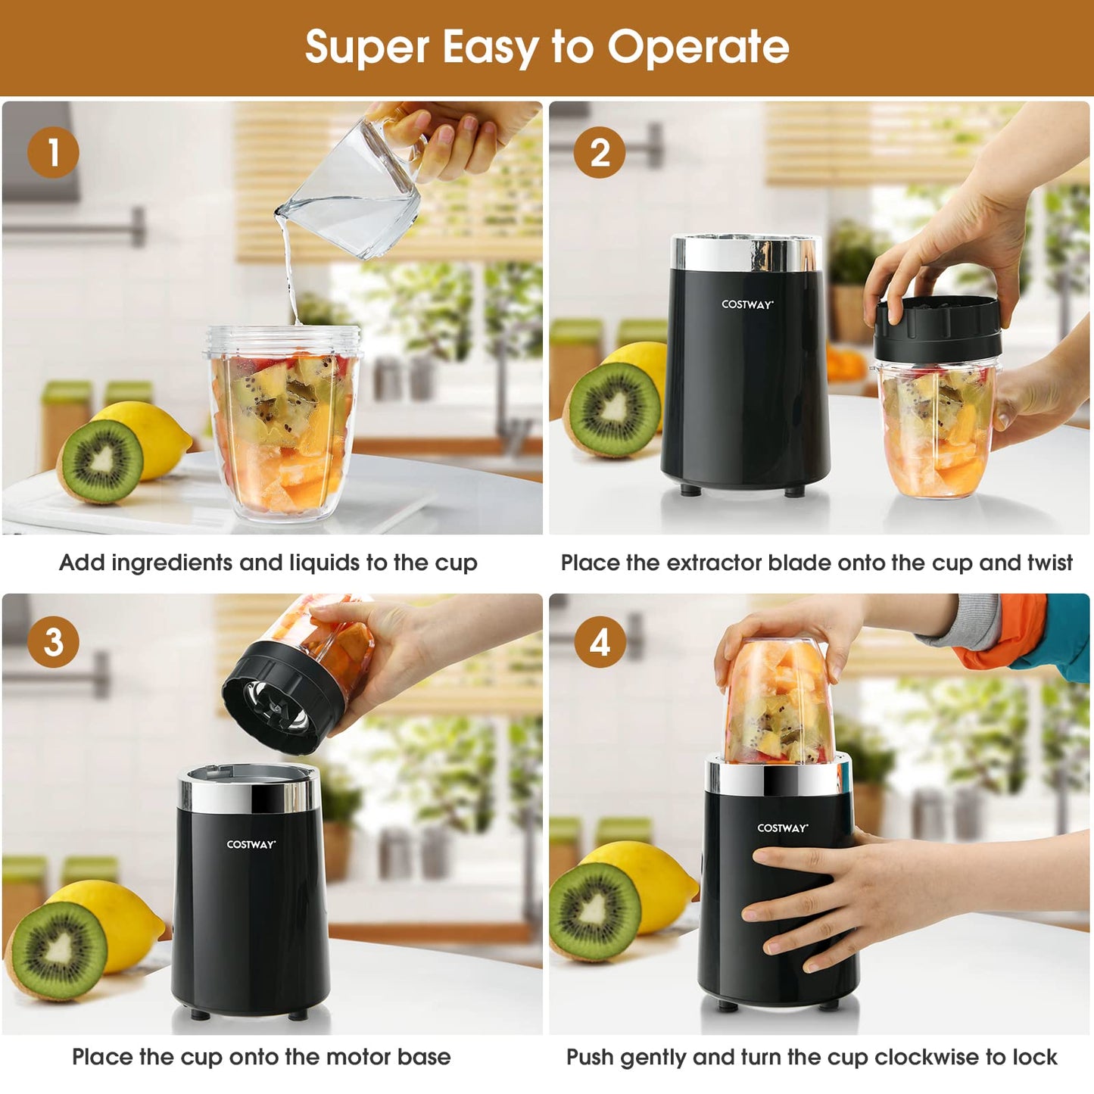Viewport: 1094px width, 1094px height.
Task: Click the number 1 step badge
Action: pyautogui.click(x=53, y=153)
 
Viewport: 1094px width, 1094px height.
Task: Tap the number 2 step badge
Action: pyautogui.click(x=600, y=153)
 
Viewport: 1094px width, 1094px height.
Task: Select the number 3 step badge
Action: pyautogui.click(x=53, y=642)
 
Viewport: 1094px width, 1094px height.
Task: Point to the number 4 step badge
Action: pyautogui.click(x=600, y=642)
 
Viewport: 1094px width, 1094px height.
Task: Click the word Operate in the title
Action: pyautogui.click(x=698, y=48)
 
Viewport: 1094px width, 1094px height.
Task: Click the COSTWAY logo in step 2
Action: pyautogui.click(x=746, y=304)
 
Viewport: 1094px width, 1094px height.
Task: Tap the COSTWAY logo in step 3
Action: pyautogui.click(x=251, y=844)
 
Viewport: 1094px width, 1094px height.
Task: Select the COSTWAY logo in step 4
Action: pyautogui.click(x=782, y=828)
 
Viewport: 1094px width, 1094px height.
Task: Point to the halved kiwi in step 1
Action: pyautogui.click(x=101, y=461)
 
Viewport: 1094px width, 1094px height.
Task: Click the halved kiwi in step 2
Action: pyautogui.click(x=614, y=409)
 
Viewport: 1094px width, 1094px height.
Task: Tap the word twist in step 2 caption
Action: pyautogui.click(x=1049, y=563)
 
